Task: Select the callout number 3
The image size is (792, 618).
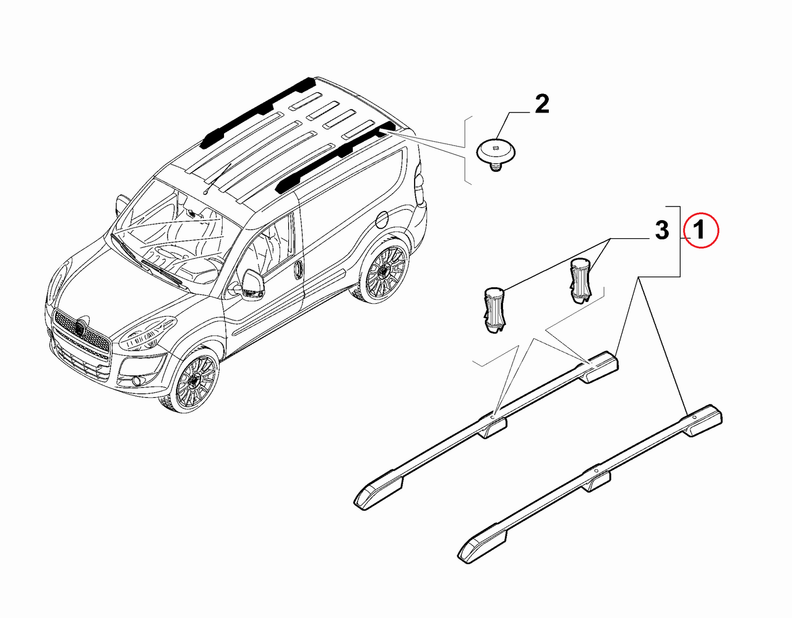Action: click(662, 230)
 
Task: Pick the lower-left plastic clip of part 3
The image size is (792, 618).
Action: click(494, 309)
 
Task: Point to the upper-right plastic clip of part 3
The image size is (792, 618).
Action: click(580, 280)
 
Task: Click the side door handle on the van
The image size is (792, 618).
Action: click(298, 270)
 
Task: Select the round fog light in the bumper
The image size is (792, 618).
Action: click(137, 381)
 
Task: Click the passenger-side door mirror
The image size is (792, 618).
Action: click(121, 204)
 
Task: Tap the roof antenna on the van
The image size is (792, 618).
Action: click(217, 179)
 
